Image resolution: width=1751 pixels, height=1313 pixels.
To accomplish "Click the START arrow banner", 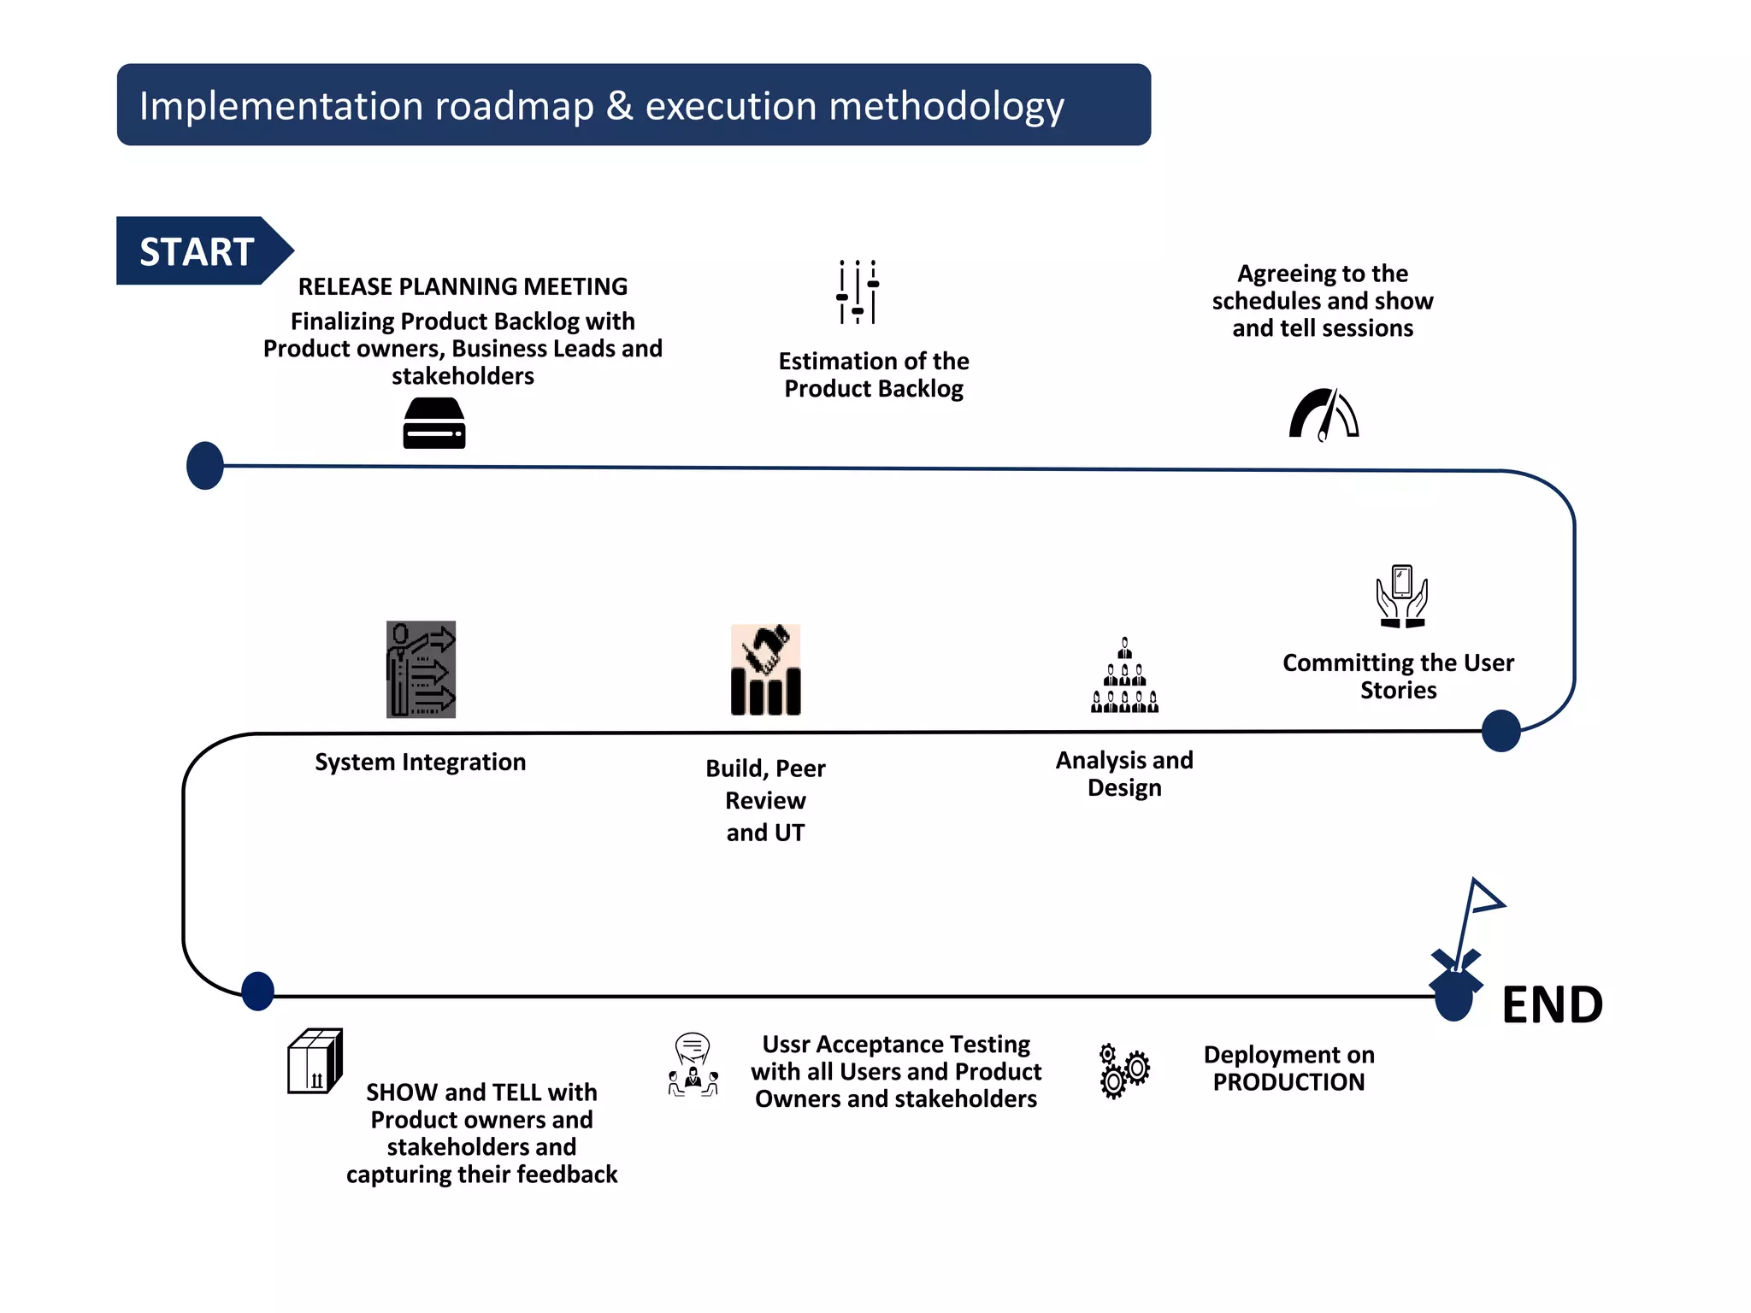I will (x=198, y=250).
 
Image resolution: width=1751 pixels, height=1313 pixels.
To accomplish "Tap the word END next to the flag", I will (x=1552, y=1004).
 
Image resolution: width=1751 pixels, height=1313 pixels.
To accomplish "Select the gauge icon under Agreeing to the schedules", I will (x=1324, y=415).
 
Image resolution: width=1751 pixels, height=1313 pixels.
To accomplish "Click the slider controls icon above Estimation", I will (x=858, y=291).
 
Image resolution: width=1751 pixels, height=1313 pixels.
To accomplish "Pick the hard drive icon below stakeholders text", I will (x=434, y=423).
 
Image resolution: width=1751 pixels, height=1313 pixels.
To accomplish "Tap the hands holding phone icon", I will (x=1401, y=596).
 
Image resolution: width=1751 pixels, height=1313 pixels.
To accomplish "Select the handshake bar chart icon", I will (x=765, y=669).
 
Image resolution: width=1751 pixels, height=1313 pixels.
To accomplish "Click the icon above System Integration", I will (x=421, y=669).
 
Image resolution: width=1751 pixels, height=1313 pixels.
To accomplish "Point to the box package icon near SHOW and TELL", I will (x=315, y=1061).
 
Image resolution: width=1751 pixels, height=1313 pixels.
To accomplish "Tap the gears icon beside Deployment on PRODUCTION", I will (x=1123, y=1070).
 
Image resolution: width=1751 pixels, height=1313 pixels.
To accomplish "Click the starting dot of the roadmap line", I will (x=205, y=466).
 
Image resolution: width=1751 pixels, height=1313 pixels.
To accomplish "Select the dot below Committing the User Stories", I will (x=1500, y=731).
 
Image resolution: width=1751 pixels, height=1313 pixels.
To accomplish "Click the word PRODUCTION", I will (x=1288, y=1082).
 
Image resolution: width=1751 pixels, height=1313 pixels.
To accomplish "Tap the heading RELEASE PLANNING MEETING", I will (x=463, y=286).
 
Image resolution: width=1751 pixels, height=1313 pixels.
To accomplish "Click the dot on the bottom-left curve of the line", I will (x=257, y=992).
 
